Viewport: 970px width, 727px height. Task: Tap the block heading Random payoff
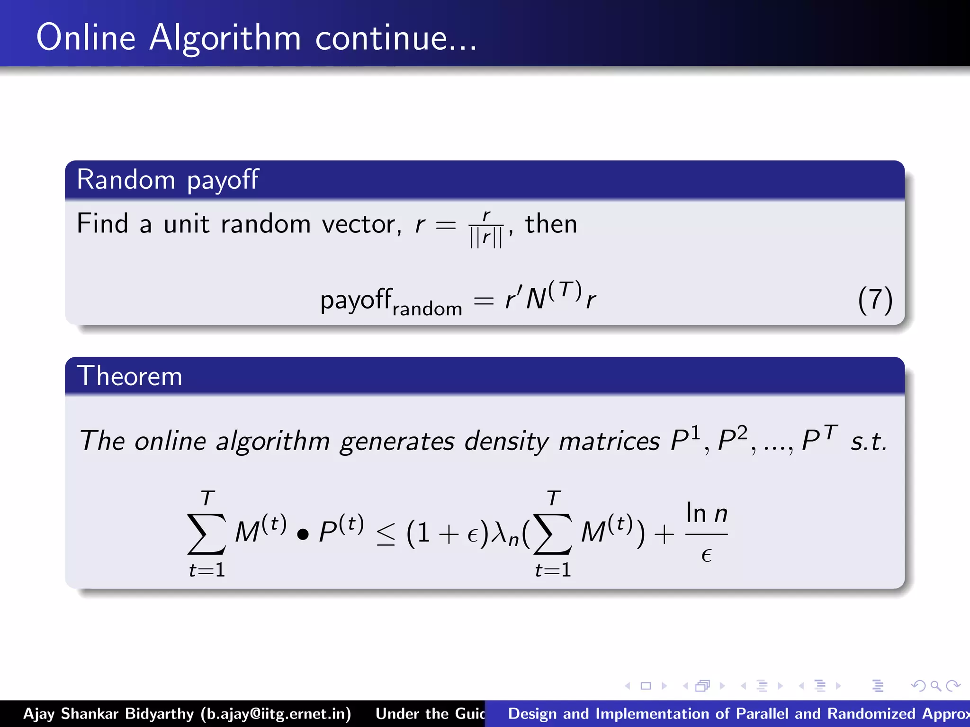168,180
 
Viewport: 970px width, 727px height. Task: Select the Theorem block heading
129,376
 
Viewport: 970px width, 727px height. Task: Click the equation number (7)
875,300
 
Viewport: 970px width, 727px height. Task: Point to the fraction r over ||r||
486,230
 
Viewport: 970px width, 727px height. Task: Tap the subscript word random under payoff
427,309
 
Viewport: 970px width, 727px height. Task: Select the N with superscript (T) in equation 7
553,296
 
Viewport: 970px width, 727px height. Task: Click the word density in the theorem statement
506,441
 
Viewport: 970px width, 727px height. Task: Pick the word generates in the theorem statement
397,441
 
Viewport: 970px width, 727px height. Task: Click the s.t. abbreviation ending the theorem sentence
868,441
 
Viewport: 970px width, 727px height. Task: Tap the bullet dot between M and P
303,534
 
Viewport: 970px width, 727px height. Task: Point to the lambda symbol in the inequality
500,532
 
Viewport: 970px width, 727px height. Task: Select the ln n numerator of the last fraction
706,513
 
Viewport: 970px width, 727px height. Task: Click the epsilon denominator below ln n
706,555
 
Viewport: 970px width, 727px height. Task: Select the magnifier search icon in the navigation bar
935,686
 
